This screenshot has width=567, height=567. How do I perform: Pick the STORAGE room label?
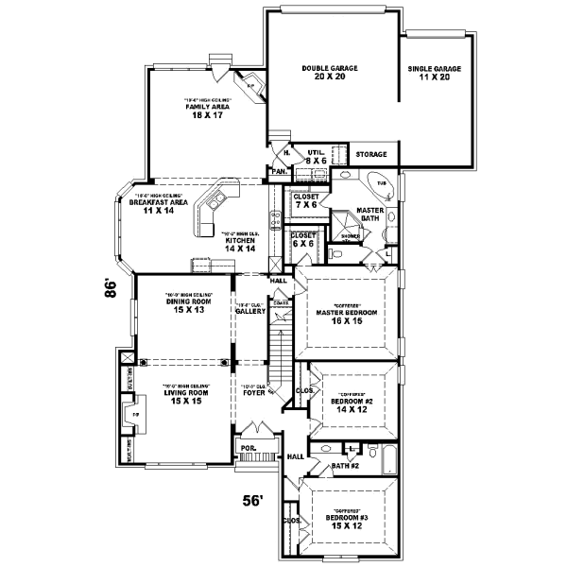pos(370,154)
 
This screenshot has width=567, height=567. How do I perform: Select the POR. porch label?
pos(247,449)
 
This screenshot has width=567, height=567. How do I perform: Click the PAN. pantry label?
pos(279,171)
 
